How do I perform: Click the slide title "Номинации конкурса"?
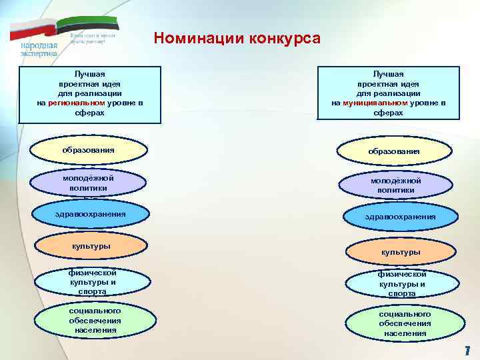[237, 37]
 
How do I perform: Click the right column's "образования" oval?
[394, 151]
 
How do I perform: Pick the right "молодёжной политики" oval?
[395, 185]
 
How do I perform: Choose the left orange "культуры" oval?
[91, 247]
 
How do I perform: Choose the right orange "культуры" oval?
[400, 252]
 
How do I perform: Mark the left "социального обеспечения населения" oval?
[94, 321]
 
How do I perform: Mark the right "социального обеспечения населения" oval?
[405, 323]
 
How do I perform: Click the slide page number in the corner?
[467, 350]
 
